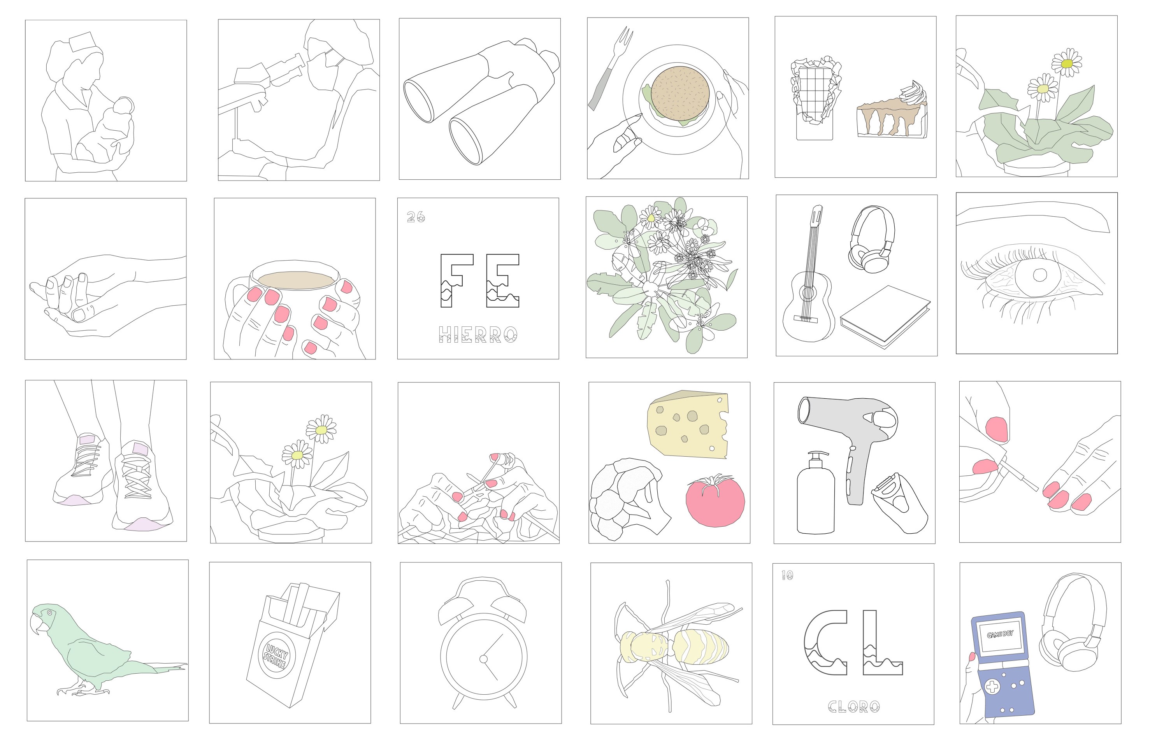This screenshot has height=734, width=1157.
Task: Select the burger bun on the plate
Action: click(x=679, y=93)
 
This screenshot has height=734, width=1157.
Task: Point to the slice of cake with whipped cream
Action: click(x=892, y=113)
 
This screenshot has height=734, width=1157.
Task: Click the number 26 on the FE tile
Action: click(x=416, y=217)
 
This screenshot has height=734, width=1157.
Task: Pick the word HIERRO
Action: click(x=478, y=335)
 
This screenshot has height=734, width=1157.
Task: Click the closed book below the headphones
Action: click(x=885, y=317)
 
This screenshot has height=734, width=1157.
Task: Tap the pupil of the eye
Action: click(x=1040, y=275)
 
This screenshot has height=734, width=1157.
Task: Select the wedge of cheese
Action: click(x=688, y=424)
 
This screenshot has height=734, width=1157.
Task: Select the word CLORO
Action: click(x=854, y=706)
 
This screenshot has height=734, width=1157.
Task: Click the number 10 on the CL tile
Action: click(x=787, y=575)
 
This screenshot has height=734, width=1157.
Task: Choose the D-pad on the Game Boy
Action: click(x=993, y=687)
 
